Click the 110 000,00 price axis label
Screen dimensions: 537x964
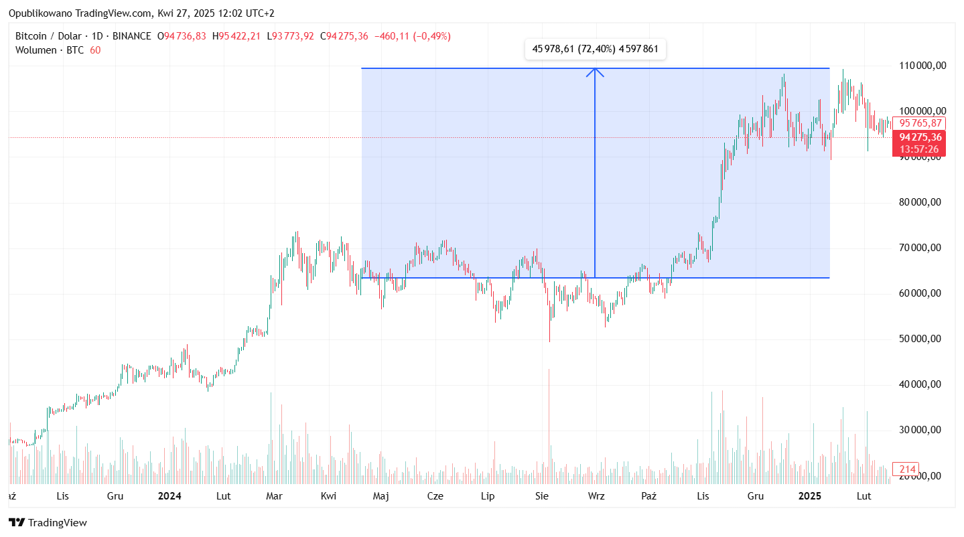[922, 66]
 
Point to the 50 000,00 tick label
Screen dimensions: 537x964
[922, 339]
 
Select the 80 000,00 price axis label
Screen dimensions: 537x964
[922, 202]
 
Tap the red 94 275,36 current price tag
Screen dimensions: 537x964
[920, 137]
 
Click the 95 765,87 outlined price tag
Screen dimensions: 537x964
[920, 123]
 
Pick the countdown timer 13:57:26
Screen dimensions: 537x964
[920, 149]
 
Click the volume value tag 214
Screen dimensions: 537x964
[907, 469]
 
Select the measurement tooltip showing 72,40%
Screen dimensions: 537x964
[595, 49]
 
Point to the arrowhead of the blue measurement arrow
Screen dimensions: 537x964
[595, 71]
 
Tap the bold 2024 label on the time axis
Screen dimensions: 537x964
[169, 496]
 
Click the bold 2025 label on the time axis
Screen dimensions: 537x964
[810, 496]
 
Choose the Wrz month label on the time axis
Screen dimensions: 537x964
[596, 496]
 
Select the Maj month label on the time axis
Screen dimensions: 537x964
[381, 496]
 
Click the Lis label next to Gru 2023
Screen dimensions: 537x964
[63, 496]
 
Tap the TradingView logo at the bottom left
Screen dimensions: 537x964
[48, 523]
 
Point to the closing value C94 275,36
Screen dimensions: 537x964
[344, 36]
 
